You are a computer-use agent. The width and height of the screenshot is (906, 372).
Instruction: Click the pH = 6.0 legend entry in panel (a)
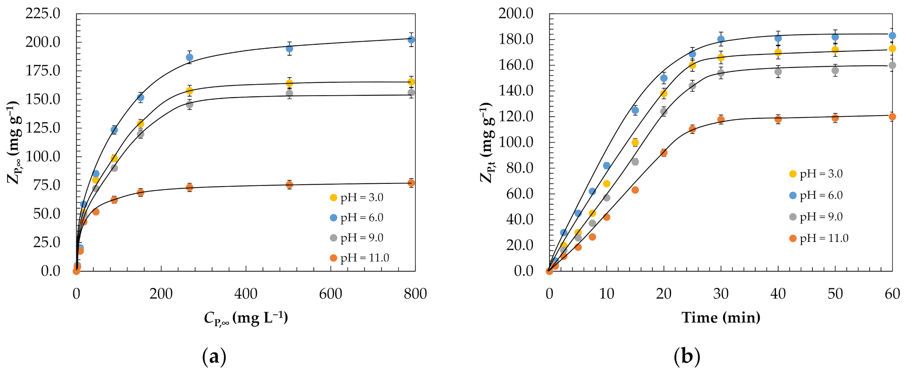point(357,218)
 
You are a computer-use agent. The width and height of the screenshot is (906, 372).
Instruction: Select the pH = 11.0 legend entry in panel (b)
point(819,238)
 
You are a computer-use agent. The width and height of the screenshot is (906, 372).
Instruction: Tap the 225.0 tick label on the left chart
point(43,14)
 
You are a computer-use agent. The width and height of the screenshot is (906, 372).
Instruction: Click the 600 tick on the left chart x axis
point(331,294)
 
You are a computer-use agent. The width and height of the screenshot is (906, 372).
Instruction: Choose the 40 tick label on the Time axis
point(778,294)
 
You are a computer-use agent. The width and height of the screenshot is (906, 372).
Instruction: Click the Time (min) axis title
point(721,317)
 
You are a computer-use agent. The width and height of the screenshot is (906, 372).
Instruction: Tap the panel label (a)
point(214,357)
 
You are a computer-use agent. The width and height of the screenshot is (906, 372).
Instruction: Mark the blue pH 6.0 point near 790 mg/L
point(411,40)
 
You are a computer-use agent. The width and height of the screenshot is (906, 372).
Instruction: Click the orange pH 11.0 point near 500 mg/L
point(289,185)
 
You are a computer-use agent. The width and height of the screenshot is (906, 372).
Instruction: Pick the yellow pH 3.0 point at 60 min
point(892,49)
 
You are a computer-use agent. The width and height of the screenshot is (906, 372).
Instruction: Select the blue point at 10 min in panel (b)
point(606,166)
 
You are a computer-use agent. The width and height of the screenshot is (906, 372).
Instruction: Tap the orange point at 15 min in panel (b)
point(635,190)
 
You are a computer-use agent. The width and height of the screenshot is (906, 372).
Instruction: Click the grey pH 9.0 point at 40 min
point(778,72)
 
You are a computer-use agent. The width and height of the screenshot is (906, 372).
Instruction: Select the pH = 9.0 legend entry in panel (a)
point(357,238)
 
